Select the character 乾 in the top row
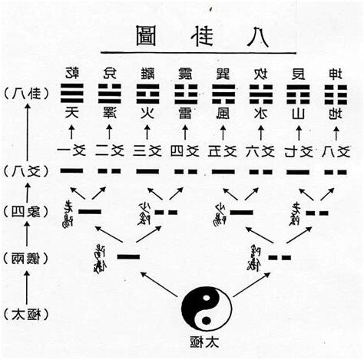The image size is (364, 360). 74,73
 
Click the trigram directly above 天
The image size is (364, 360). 74,94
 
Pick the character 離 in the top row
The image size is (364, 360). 147,73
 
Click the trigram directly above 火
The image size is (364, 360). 147,94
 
